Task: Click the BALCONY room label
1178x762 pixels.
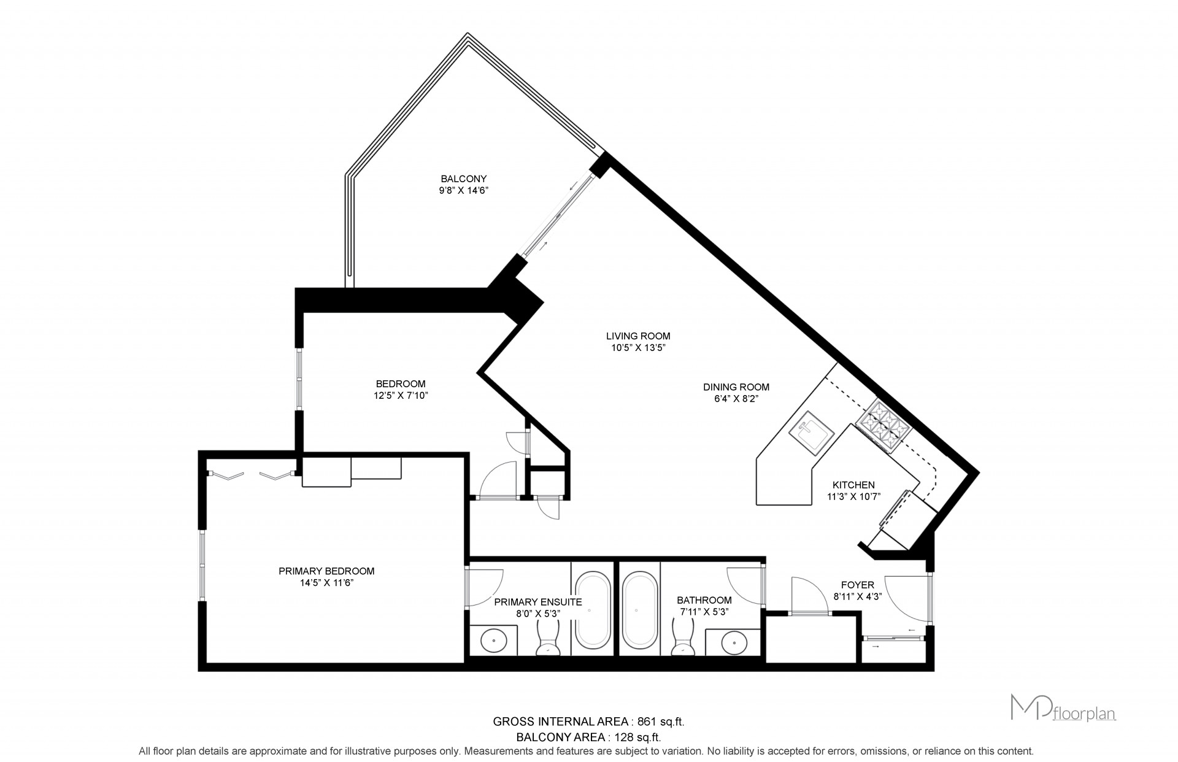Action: [x=463, y=179]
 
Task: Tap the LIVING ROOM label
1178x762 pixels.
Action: [x=638, y=336]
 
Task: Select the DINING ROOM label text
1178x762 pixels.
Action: [x=736, y=387]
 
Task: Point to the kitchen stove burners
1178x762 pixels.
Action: [x=885, y=426]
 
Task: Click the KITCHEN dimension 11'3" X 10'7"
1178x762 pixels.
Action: [x=853, y=496]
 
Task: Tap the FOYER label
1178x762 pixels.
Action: [x=857, y=585]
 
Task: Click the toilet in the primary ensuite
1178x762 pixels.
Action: [x=548, y=638]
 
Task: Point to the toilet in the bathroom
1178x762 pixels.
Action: [x=683, y=638]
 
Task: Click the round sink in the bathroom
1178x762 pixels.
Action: [x=734, y=642]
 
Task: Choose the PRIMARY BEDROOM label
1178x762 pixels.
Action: [x=326, y=571]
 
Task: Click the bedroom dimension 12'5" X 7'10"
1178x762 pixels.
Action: [x=401, y=396]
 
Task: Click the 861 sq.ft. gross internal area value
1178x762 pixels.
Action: [x=660, y=722]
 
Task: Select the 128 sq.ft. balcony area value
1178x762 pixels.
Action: [x=637, y=737]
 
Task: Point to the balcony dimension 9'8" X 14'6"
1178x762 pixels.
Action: [x=463, y=190]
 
